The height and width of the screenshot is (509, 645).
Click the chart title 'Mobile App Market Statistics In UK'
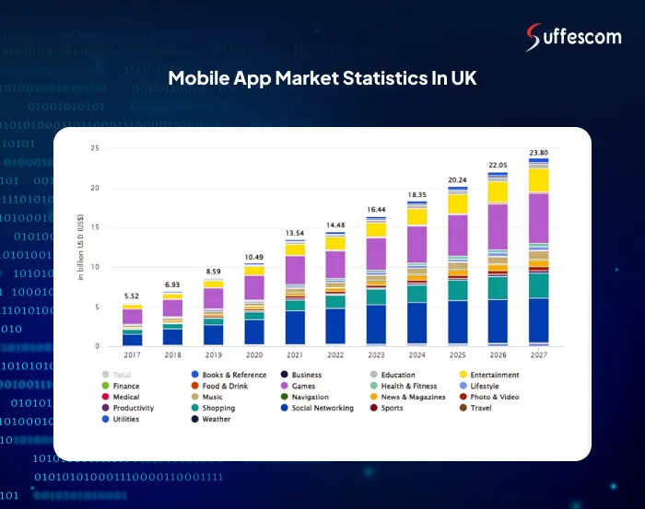click(x=322, y=79)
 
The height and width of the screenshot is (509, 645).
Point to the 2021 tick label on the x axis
click(x=295, y=354)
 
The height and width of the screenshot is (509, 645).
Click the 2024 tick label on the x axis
click(x=416, y=354)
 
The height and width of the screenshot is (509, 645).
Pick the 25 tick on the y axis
click(x=95, y=148)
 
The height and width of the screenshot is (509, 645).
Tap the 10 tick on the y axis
click(x=95, y=267)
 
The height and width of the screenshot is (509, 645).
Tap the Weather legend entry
click(x=217, y=419)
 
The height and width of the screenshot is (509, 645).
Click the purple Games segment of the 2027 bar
click(x=538, y=217)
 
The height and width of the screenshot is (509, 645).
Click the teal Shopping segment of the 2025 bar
click(x=457, y=290)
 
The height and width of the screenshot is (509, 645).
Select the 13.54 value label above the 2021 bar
click(x=295, y=234)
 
